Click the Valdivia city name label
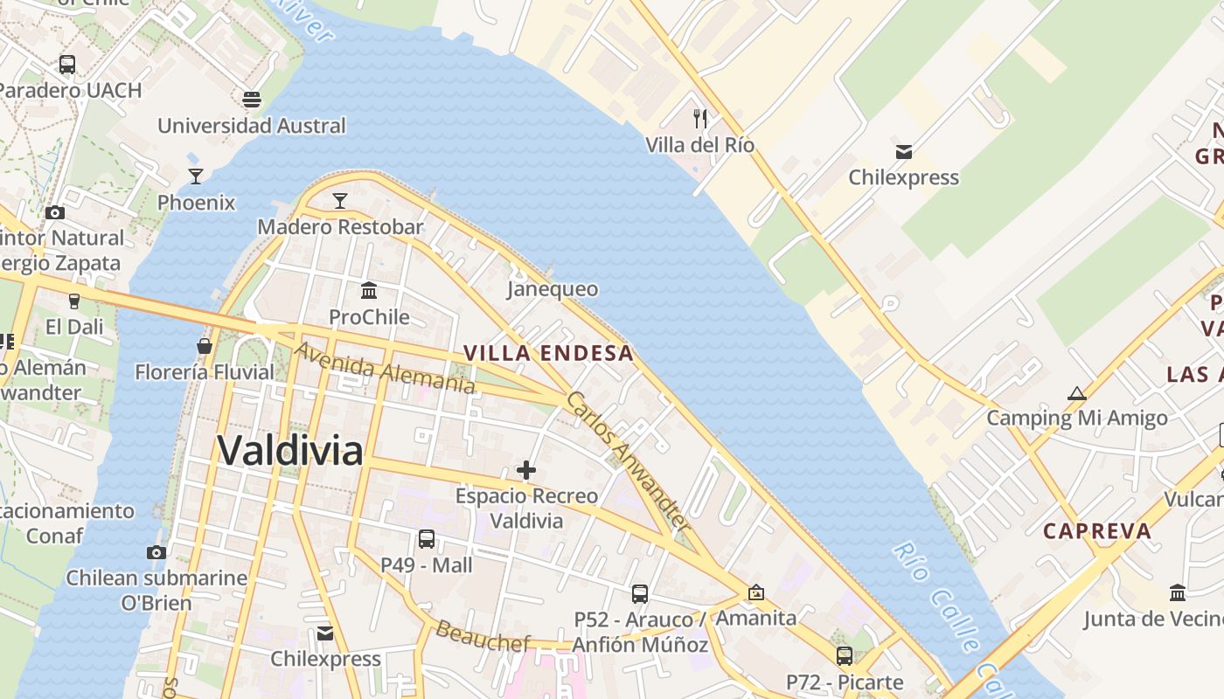click(289, 451)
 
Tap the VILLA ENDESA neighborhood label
click(548, 353)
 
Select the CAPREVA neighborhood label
click(1097, 531)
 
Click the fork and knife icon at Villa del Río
click(699, 118)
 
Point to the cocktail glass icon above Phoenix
click(196, 176)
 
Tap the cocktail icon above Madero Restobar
click(340, 200)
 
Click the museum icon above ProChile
click(369, 290)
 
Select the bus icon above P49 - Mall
click(427, 539)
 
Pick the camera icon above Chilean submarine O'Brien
click(156, 552)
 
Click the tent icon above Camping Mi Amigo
click(1077, 393)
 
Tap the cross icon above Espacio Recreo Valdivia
click(526, 470)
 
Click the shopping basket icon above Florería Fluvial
click(205, 346)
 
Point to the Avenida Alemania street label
click(385, 368)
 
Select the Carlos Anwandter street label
click(628, 460)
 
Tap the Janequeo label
click(553, 289)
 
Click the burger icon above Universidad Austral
click(252, 100)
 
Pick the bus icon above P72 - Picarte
click(844, 655)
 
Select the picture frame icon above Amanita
click(756, 592)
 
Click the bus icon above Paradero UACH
click(67, 64)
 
